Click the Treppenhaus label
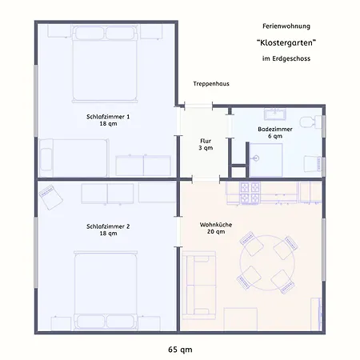tap(211, 84)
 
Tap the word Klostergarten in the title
tap(286, 42)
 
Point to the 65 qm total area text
tap(180, 350)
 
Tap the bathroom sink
tap(275, 114)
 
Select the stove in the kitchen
tap(250, 193)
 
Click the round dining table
tap(267, 262)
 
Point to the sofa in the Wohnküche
tap(199, 285)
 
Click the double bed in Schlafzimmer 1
tap(105, 63)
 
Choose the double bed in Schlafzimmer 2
tap(106, 290)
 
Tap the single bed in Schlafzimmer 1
tap(74, 158)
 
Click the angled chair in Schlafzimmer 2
tap(50, 197)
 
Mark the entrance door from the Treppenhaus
tap(198, 106)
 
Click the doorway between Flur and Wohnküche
tap(206, 179)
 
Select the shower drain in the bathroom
tap(256, 158)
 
